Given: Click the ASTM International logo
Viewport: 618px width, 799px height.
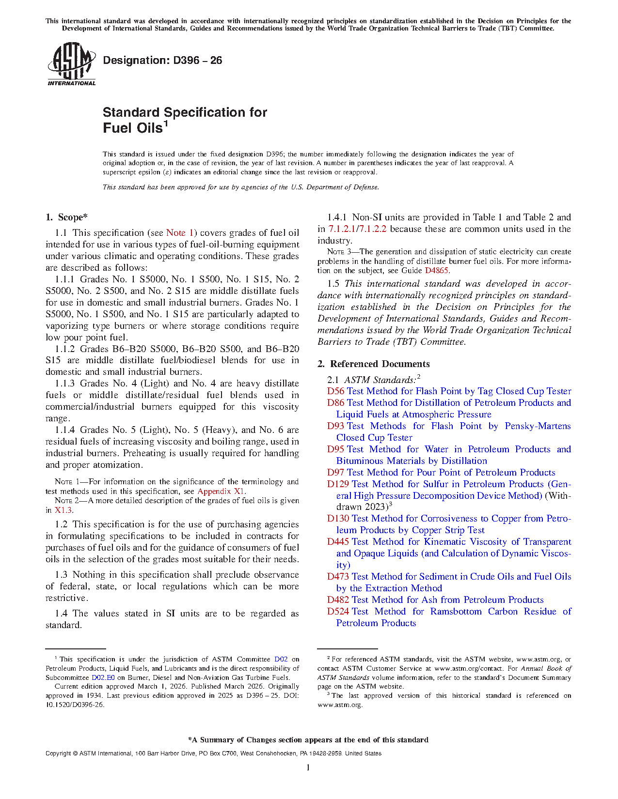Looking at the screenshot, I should (71, 64).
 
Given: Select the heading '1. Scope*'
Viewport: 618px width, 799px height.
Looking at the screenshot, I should (67, 217).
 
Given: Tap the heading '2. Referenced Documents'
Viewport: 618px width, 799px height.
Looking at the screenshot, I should (374, 364).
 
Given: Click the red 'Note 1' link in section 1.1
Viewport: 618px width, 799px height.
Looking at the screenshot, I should (180, 233).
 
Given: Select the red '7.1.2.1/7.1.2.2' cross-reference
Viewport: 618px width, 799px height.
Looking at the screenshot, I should (357, 229).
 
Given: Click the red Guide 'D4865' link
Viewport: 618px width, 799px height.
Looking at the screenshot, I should (436, 271).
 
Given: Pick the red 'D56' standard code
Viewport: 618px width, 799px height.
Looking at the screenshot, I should (335, 391).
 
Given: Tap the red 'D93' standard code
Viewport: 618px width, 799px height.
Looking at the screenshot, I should (335, 426).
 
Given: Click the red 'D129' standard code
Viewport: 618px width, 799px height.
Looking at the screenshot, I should (338, 484).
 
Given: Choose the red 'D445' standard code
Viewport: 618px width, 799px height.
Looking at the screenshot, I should (338, 542).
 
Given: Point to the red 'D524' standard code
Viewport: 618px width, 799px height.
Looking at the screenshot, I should (338, 612).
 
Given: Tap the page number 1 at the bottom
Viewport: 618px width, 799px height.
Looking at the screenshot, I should (308, 767).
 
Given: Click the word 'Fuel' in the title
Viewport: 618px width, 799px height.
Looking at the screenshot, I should (116, 128).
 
